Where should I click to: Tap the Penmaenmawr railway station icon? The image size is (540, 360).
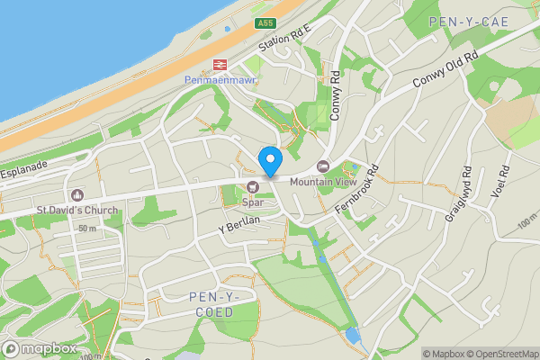[x=218, y=65]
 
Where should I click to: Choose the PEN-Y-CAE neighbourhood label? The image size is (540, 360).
[x=469, y=21]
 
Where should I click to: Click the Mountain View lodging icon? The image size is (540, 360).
[x=323, y=166]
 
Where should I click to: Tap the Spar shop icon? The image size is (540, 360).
[x=253, y=187]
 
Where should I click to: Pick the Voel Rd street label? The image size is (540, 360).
[x=503, y=184]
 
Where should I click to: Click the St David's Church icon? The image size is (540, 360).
[x=76, y=195]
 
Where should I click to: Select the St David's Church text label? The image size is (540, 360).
[x=76, y=211]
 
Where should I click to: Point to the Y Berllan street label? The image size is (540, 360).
[x=238, y=226]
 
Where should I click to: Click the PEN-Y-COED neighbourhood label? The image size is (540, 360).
[x=212, y=304]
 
